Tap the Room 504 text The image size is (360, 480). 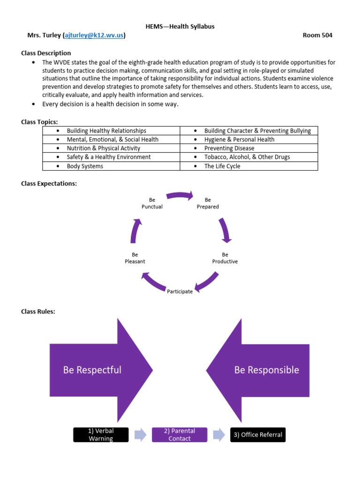point(317,35)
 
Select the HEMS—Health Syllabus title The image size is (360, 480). point(180,26)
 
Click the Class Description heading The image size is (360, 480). point(46,53)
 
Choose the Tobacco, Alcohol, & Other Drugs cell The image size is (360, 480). point(247,157)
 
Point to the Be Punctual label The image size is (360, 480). point(152,203)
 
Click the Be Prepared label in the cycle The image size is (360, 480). point(208,203)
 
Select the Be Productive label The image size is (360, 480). point(225,258)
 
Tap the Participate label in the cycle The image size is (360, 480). point(180,292)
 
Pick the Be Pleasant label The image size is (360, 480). point(135,258)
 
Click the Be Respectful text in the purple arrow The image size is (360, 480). point(92,370)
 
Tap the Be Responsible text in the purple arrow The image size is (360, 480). point(267,370)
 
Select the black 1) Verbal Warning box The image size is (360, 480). point(101,435)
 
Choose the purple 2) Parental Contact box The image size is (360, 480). point(180,435)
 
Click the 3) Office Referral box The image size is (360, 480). point(258,435)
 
